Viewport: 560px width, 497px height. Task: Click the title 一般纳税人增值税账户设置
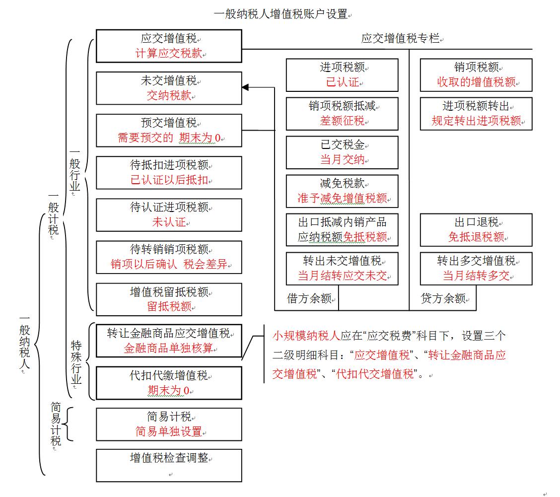click(x=280, y=14)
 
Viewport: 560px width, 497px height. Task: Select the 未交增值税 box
click(x=169, y=88)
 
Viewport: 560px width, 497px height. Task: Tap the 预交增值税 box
click(x=169, y=130)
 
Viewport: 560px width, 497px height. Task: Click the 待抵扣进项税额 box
click(x=169, y=172)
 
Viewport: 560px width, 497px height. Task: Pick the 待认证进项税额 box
click(x=169, y=214)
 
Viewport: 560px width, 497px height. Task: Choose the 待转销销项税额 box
click(x=169, y=257)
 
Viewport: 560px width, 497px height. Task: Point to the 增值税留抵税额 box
click(x=169, y=299)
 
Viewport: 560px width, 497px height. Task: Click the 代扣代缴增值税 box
click(x=169, y=383)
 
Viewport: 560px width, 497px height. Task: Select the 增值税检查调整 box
click(x=169, y=465)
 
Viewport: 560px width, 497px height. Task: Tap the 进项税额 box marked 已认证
click(x=342, y=75)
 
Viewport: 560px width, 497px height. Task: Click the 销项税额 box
click(x=476, y=75)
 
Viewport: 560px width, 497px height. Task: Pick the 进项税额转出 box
click(x=476, y=114)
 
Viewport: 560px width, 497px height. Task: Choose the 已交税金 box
click(x=342, y=152)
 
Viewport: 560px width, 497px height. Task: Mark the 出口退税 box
click(x=476, y=230)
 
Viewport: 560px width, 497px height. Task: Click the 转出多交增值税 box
click(x=476, y=268)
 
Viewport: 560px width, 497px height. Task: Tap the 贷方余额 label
click(x=443, y=298)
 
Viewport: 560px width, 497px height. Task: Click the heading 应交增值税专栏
click(x=400, y=39)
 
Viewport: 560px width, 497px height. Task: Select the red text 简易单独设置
click(x=169, y=431)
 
